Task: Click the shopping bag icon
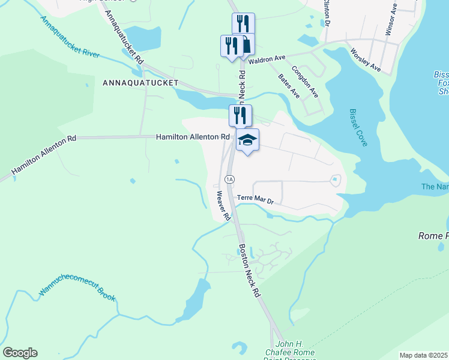pos(246,44)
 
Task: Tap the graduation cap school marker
pos(247,140)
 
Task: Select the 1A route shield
pos(229,179)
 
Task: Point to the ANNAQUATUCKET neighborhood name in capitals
pos(140,82)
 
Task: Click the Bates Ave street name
pos(289,86)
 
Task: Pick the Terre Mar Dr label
pos(255,199)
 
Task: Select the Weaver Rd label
pos(223,205)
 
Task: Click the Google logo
pos(20,353)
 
